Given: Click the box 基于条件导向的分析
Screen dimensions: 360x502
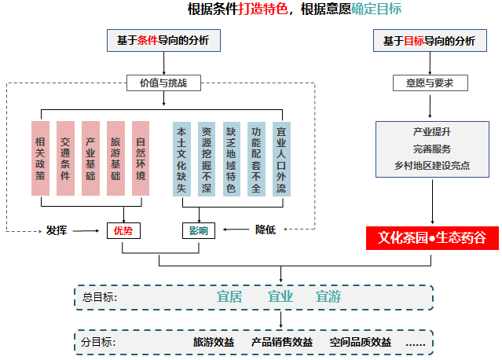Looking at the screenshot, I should coord(163,40).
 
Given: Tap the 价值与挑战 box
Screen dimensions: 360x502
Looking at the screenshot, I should coord(163,82).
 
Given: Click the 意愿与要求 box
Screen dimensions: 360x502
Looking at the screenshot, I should coord(430,82).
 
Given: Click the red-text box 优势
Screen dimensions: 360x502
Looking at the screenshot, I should coord(123,230).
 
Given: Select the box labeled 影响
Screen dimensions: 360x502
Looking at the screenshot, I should coord(198,230).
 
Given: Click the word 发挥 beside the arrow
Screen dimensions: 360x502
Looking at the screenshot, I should coord(57,230).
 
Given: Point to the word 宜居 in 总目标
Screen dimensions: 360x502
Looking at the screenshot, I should coord(229,297).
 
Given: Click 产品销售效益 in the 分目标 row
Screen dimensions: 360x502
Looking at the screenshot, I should coord(281,342).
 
